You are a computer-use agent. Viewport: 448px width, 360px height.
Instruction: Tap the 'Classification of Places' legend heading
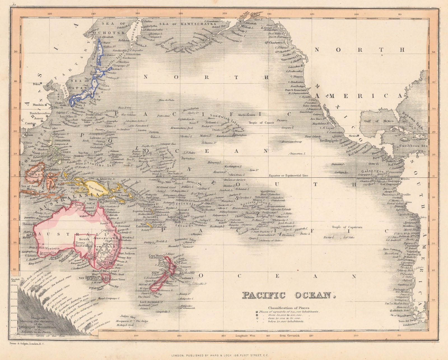[289, 308]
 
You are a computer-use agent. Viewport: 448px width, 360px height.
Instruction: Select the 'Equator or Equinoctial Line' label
[288, 175]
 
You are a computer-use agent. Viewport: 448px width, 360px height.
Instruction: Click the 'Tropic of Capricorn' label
[347, 227]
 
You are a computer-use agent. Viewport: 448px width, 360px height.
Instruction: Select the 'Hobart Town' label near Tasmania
[117, 279]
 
